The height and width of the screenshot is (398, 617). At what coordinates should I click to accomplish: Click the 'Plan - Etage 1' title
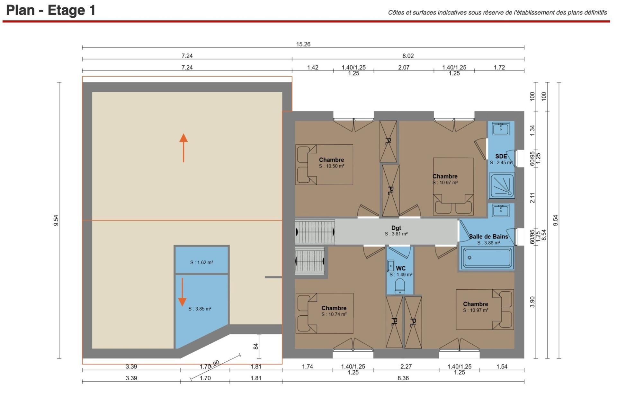(x=51, y=10)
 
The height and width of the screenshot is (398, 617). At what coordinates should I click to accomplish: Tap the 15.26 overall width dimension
(x=303, y=44)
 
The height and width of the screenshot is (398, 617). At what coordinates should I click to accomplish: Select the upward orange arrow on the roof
(x=183, y=148)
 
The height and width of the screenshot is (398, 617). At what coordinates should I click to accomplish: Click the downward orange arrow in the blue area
(x=182, y=292)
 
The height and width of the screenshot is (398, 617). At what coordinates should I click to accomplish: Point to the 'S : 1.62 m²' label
(x=201, y=262)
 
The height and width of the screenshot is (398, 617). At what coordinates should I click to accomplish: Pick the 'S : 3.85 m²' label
(x=200, y=309)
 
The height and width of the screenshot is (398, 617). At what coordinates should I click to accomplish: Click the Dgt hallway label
(x=396, y=228)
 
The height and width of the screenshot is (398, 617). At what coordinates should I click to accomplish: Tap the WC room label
(x=401, y=268)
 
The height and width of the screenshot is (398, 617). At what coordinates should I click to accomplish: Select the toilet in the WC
(x=400, y=286)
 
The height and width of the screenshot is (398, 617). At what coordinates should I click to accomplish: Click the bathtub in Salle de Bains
(x=487, y=258)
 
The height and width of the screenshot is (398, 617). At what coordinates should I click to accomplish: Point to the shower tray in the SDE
(x=502, y=185)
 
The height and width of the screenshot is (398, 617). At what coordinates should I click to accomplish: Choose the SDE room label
(x=501, y=157)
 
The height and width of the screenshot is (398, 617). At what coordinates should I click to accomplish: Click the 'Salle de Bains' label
(x=488, y=237)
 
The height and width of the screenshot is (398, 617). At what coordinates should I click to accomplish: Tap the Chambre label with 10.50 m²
(x=331, y=160)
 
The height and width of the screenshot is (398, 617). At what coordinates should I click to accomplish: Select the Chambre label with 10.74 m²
(x=334, y=308)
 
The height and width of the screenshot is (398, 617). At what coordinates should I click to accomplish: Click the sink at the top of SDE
(x=501, y=129)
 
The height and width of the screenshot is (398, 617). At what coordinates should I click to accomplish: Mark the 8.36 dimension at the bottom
(x=403, y=378)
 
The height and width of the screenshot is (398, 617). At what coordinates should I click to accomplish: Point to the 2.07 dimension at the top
(x=404, y=68)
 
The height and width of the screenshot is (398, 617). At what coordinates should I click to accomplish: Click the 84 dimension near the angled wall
(x=256, y=346)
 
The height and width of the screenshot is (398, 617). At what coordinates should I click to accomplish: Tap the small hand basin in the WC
(x=391, y=266)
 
